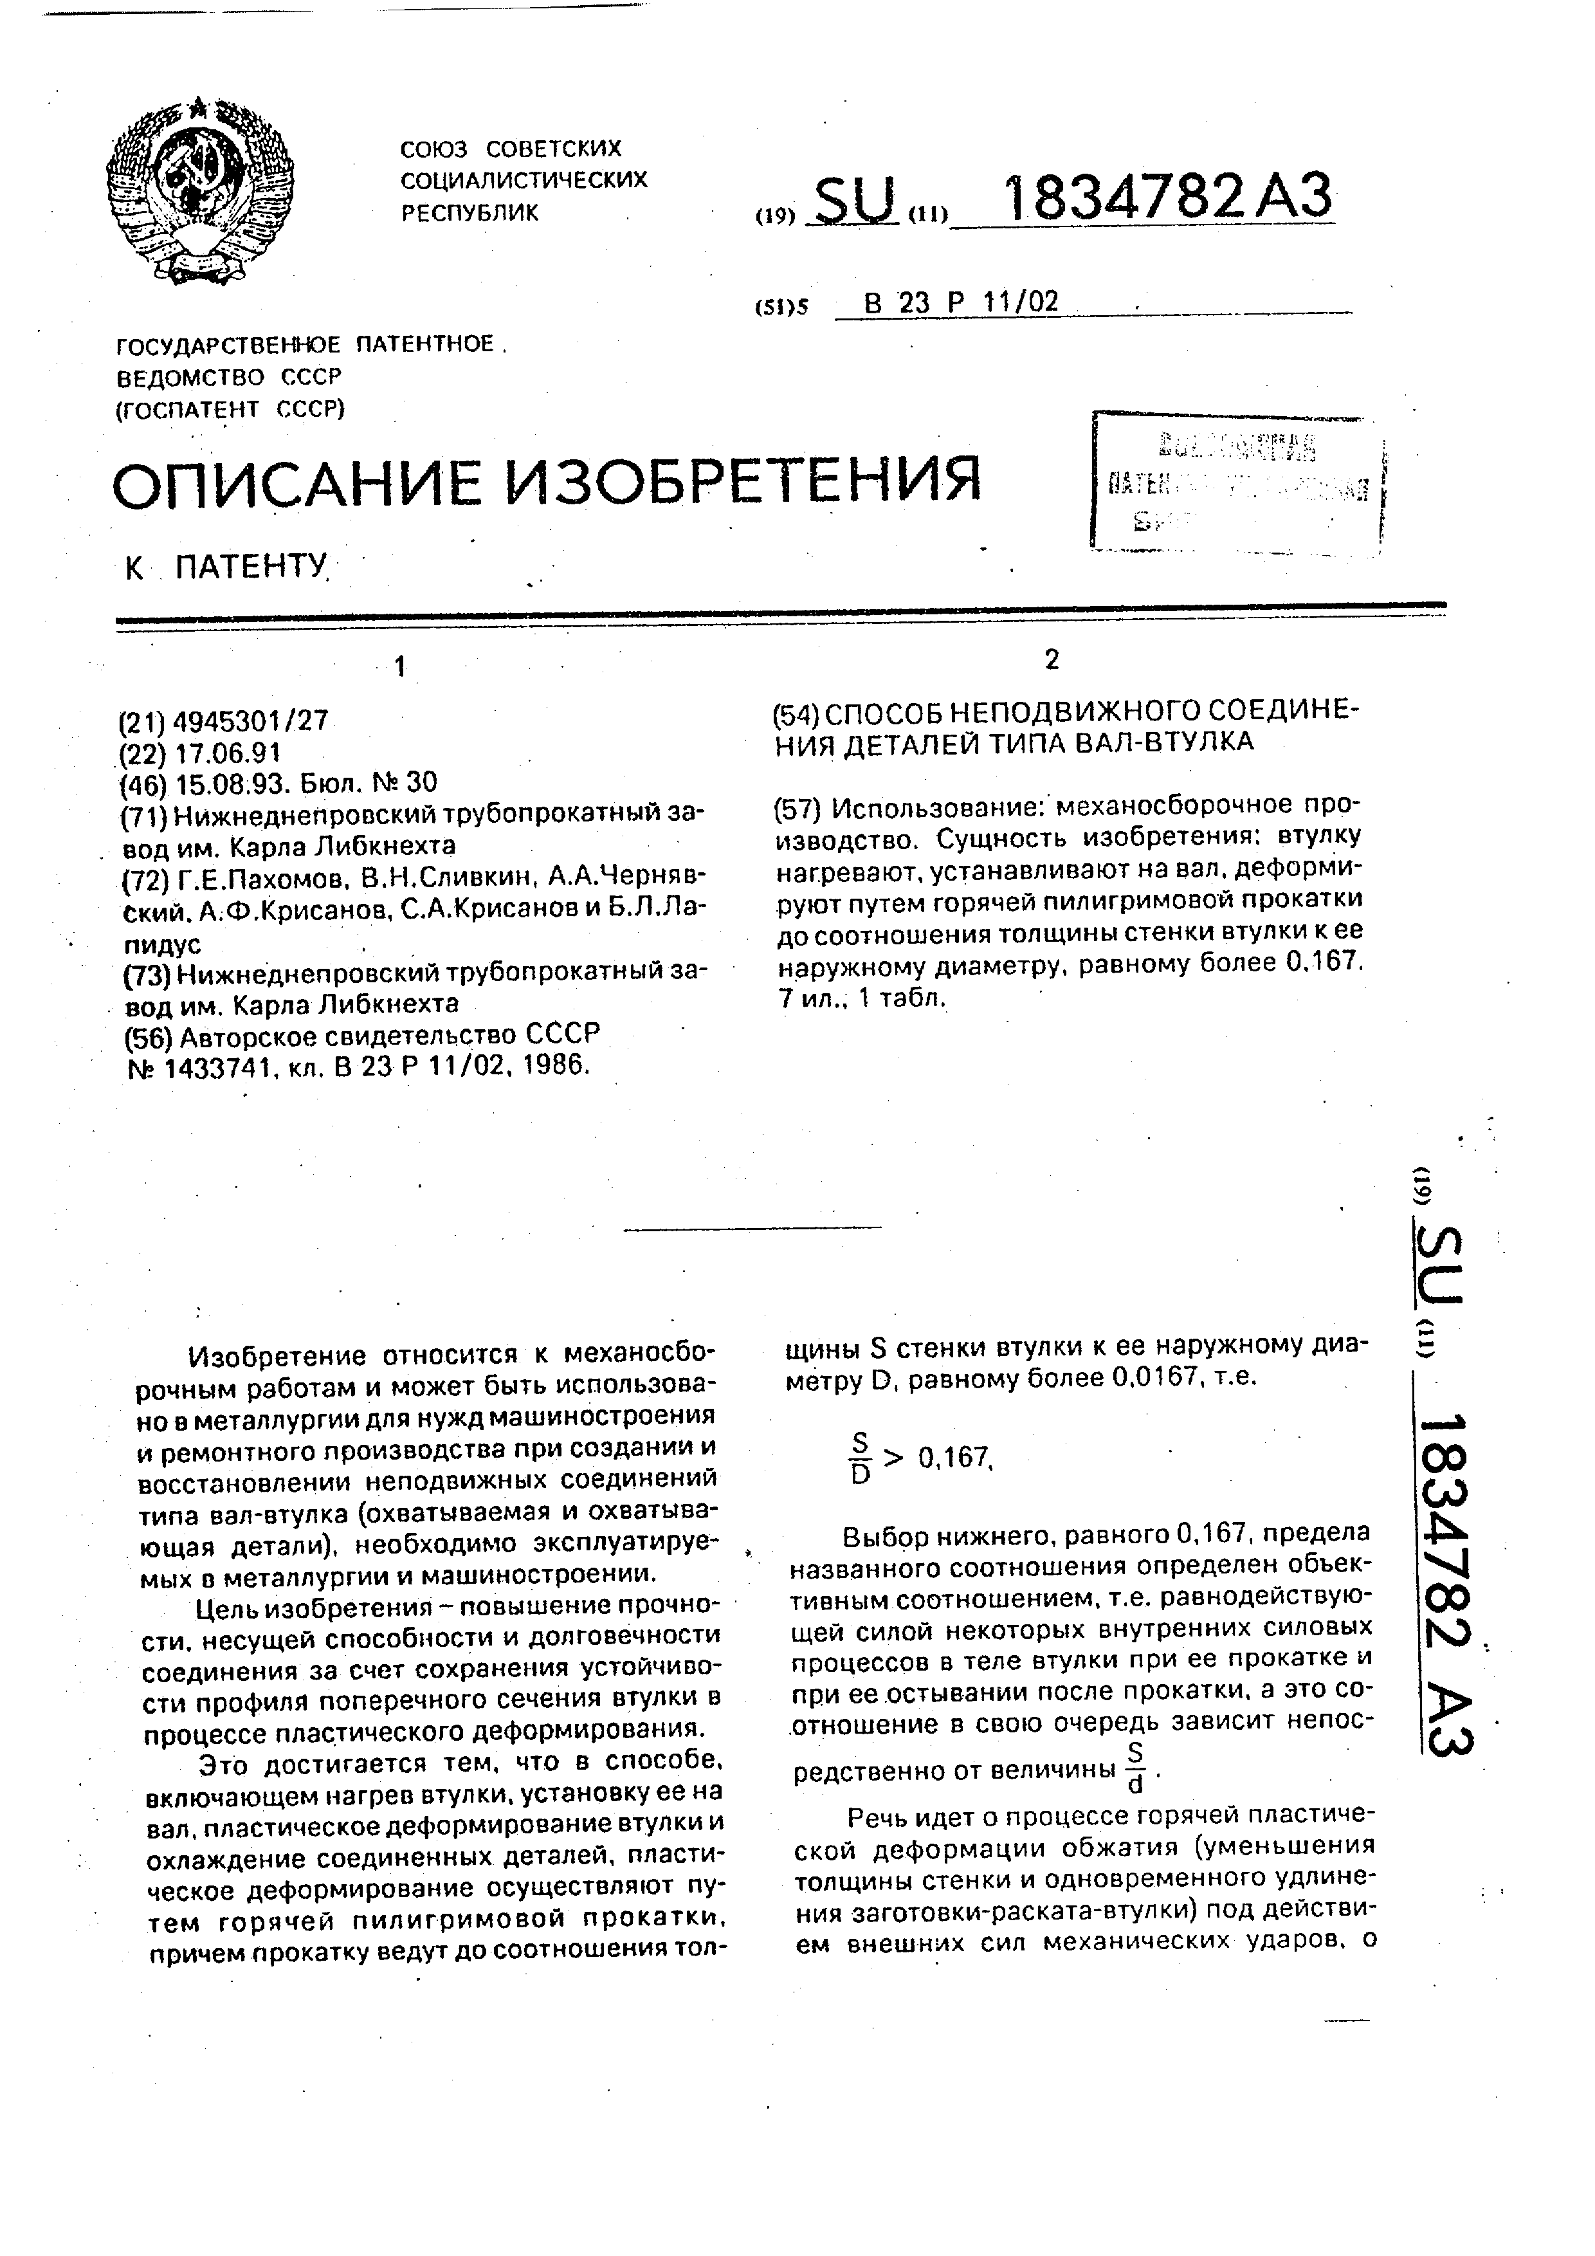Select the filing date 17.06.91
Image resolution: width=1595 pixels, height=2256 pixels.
(x=227, y=753)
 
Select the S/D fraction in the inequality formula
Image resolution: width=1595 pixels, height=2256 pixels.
(x=861, y=1456)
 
